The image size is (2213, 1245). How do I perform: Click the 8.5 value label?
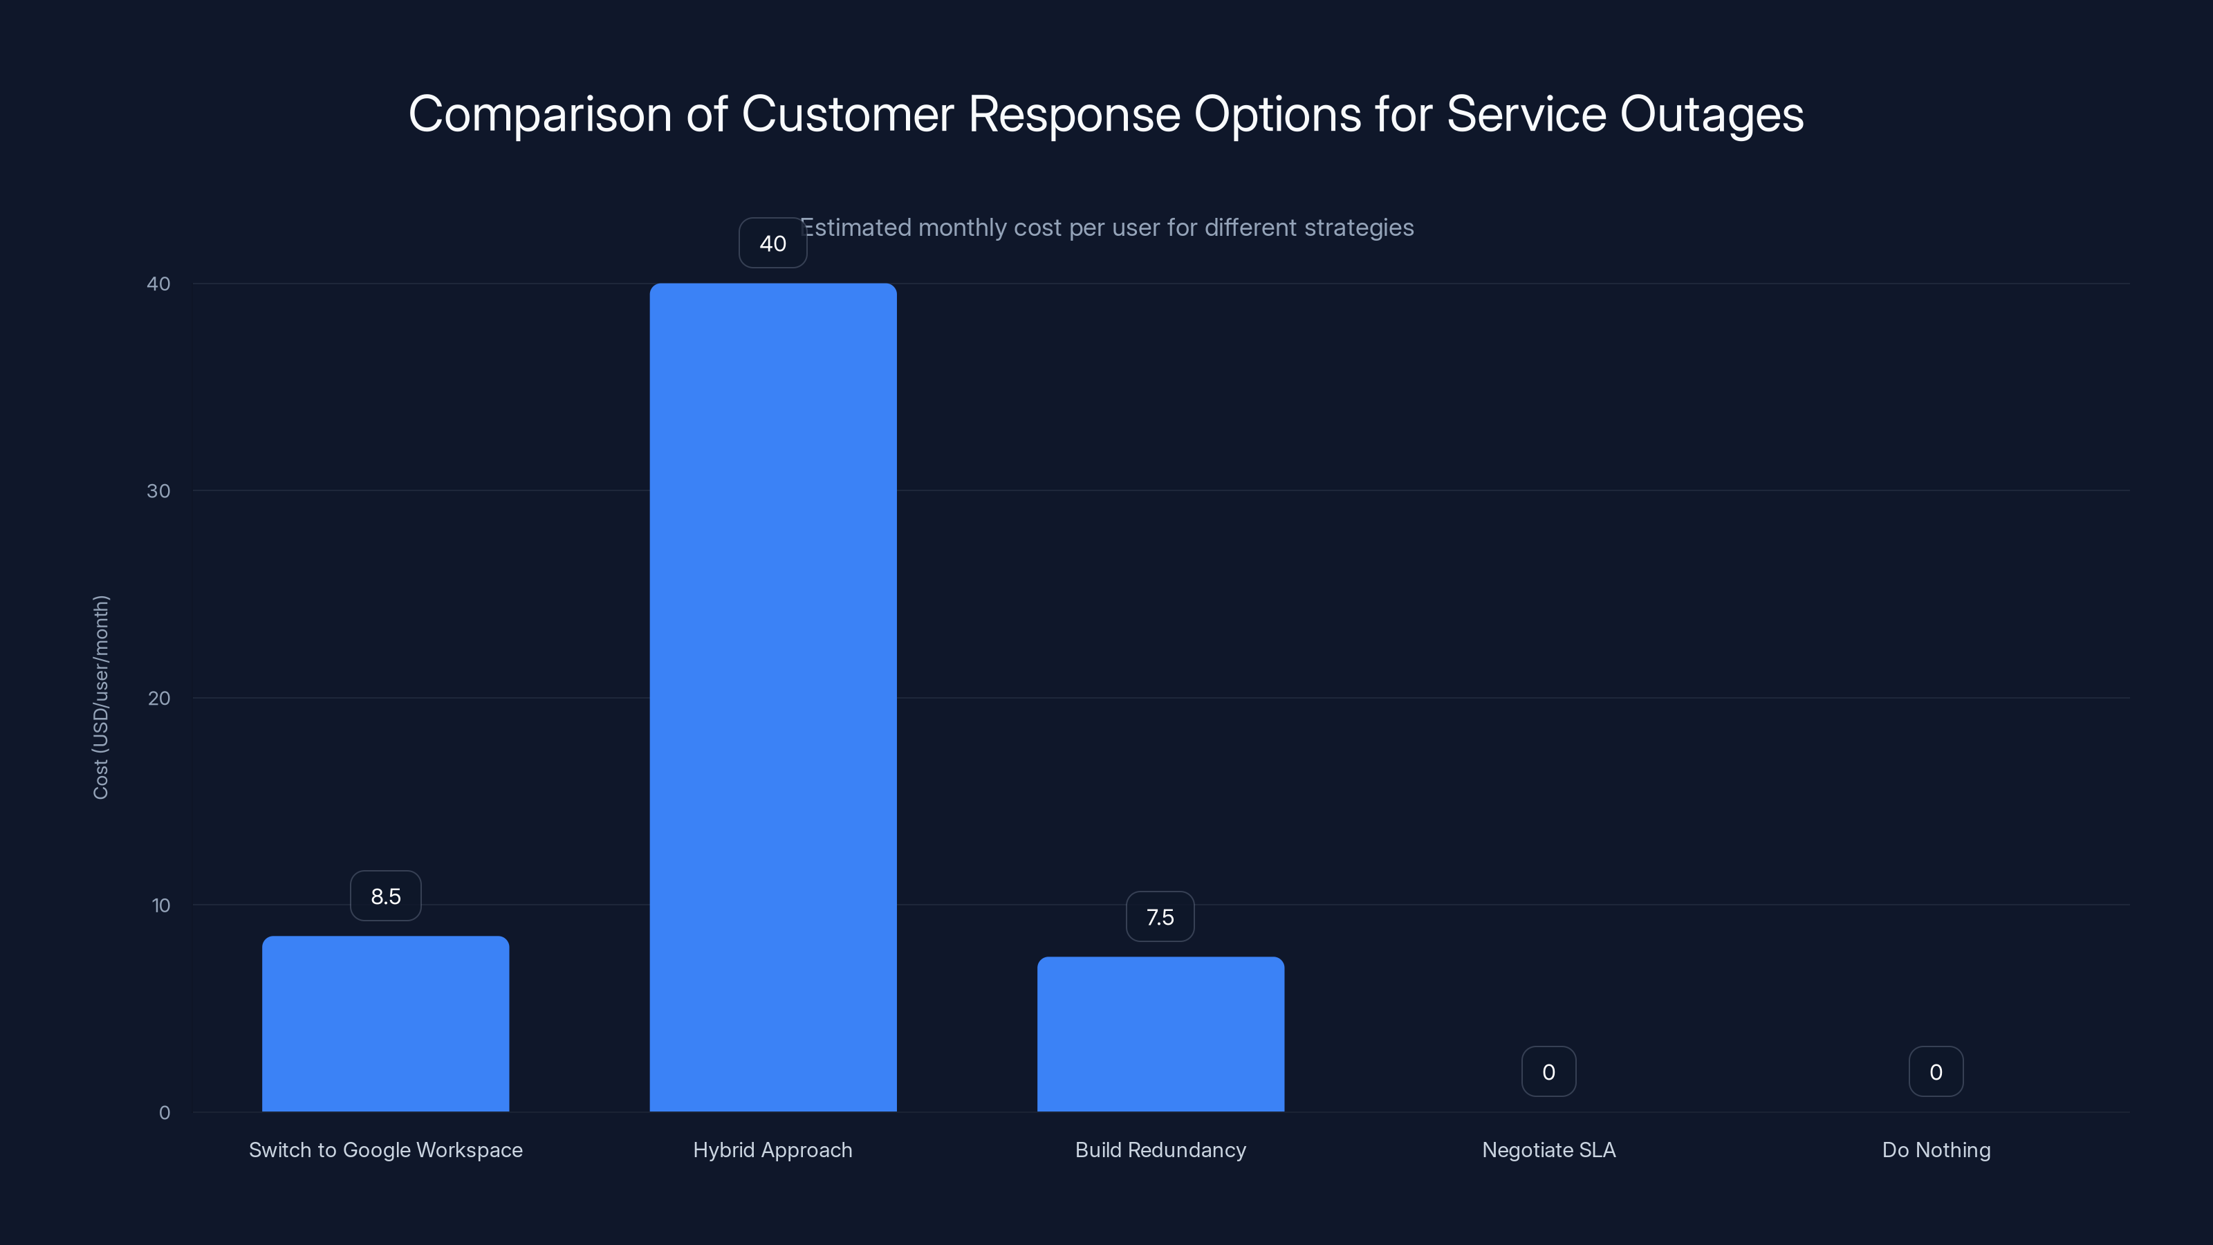coord(386,896)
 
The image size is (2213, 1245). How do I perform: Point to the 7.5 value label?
coord(1160,916)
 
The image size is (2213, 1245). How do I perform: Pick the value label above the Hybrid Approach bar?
coord(772,243)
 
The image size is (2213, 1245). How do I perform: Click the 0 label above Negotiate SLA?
coord(1548,1071)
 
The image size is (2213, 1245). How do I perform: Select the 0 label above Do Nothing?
coord(1936,1071)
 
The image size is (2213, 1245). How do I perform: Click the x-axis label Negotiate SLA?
coord(1548,1150)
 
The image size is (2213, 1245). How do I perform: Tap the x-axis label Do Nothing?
coord(1936,1150)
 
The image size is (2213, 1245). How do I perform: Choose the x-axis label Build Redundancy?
coord(1160,1150)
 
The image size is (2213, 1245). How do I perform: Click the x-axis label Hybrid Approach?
coord(772,1150)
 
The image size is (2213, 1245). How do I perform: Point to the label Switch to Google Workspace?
coord(385,1150)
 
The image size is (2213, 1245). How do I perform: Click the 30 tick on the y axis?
coord(158,490)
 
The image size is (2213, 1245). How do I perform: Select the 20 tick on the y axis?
coord(158,698)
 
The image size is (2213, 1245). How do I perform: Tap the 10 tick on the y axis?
coord(160,905)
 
